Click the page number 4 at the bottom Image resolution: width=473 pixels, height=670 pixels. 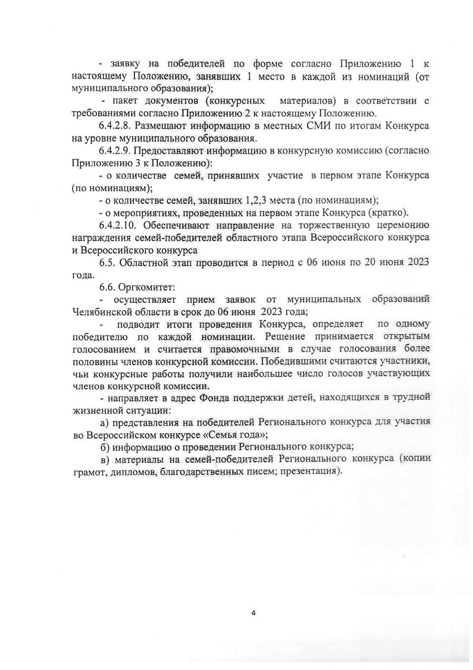[x=254, y=613]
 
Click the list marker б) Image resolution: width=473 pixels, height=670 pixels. [x=103, y=447]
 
